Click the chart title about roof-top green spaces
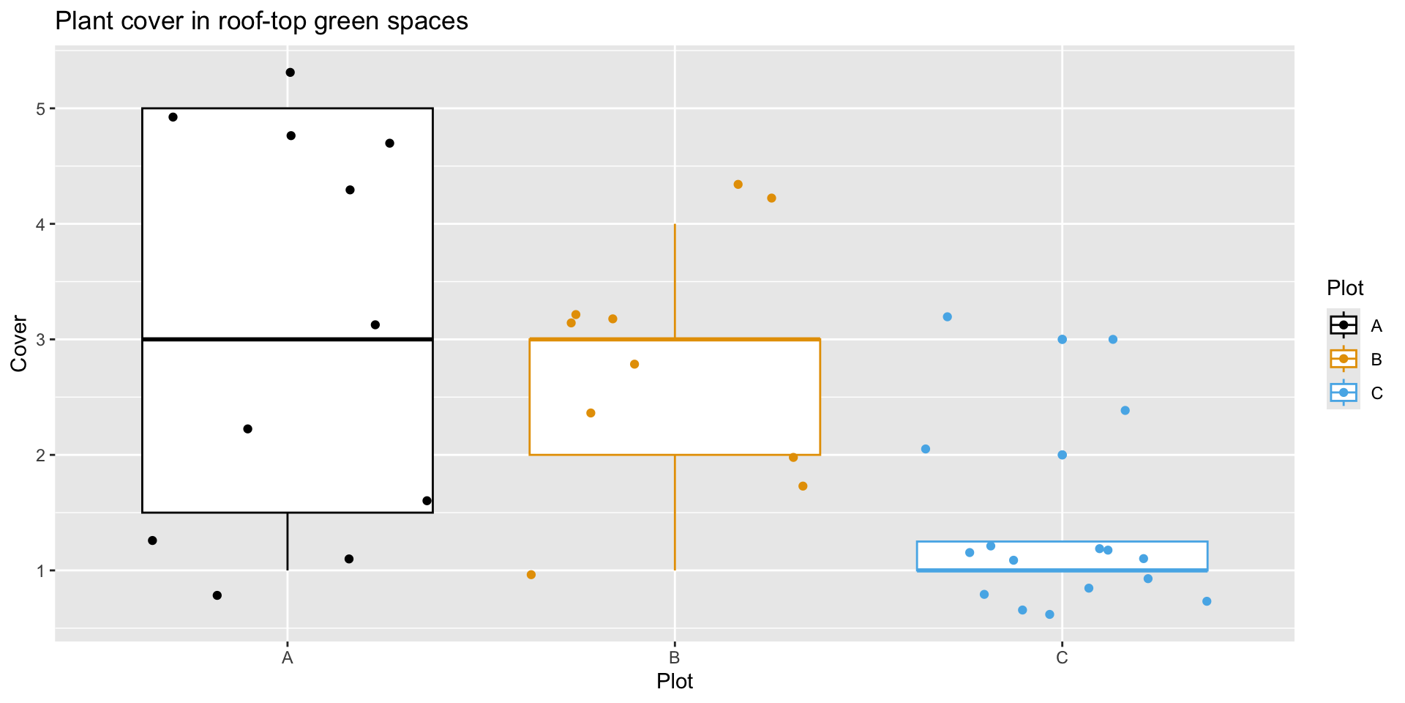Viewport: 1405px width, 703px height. pyautogui.click(x=261, y=21)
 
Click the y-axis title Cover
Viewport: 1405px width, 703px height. pyautogui.click(x=19, y=344)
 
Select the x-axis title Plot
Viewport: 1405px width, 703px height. pyautogui.click(x=674, y=681)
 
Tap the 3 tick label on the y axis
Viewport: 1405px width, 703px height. pyautogui.click(x=40, y=340)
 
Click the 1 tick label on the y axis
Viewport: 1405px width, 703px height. pyautogui.click(x=40, y=571)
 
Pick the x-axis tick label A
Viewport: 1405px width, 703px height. pyautogui.click(x=288, y=658)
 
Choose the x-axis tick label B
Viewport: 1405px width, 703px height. pyautogui.click(x=675, y=658)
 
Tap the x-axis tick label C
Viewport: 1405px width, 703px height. pyautogui.click(x=1062, y=658)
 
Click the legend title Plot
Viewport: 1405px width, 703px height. pyautogui.click(x=1345, y=288)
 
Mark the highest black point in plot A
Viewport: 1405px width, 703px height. pyautogui.click(x=290, y=72)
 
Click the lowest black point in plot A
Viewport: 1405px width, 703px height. pyautogui.click(x=217, y=595)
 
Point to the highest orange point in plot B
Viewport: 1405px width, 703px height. pyautogui.click(x=738, y=185)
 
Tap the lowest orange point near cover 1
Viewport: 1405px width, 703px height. pyautogui.click(x=531, y=575)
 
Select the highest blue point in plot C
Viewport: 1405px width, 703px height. pyautogui.click(x=947, y=317)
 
